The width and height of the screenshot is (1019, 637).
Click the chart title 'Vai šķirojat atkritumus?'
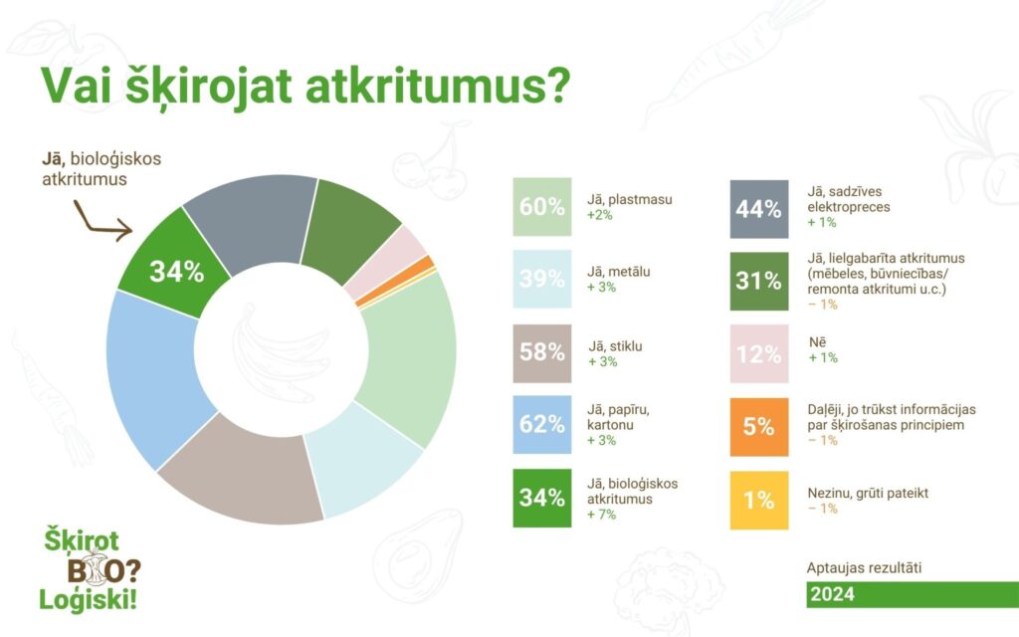[x=306, y=85]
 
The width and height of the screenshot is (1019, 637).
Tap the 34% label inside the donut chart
[x=177, y=272]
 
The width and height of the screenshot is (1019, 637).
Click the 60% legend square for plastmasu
[x=542, y=207]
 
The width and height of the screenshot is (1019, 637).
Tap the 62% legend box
[x=542, y=424]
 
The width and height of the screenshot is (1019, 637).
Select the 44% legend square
[x=759, y=209]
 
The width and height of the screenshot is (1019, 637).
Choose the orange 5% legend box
[x=759, y=427]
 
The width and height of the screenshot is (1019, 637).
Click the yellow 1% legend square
[x=759, y=501]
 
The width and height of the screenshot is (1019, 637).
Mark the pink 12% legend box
[x=759, y=354]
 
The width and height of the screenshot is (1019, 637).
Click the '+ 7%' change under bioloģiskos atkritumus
[x=601, y=515]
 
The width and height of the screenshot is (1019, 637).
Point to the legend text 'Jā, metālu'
[x=619, y=272]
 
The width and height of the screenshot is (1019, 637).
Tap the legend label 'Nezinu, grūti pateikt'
[x=868, y=494]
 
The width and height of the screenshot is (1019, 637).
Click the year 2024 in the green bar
[x=833, y=594]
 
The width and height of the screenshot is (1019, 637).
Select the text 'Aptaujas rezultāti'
[x=865, y=567]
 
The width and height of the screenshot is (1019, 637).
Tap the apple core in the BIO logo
[x=97, y=566]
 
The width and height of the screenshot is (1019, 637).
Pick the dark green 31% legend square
[x=759, y=282]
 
